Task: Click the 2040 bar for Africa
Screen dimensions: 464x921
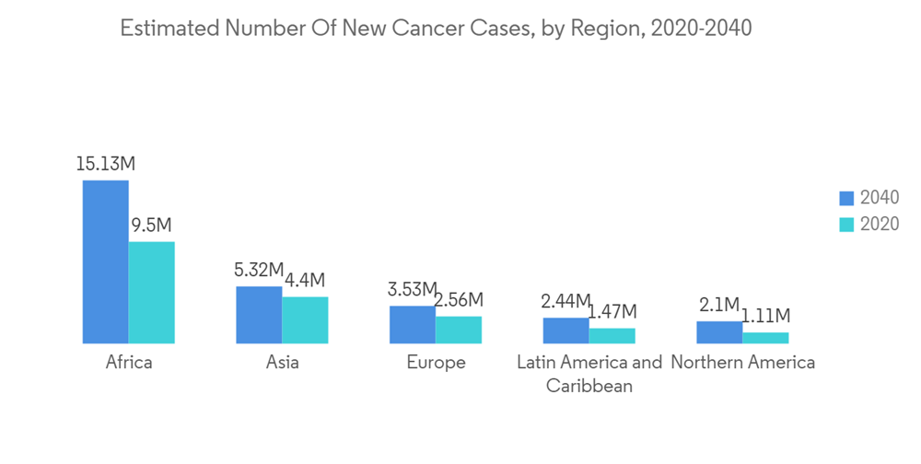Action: click(106, 261)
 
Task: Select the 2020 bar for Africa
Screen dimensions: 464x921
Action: click(152, 293)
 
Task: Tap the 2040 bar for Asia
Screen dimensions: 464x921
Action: click(259, 315)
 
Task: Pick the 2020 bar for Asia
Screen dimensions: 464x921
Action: click(305, 320)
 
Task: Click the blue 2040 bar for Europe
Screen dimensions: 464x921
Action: click(413, 325)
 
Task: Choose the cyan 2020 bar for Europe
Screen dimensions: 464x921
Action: click(459, 330)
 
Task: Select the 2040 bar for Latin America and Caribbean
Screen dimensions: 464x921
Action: click(565, 331)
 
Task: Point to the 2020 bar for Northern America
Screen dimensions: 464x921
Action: click(765, 338)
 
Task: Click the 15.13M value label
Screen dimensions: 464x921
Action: click(106, 164)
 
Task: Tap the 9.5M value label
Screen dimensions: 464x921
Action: click(152, 226)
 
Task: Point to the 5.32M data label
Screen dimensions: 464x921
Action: click(259, 270)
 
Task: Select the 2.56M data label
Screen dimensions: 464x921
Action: click(460, 300)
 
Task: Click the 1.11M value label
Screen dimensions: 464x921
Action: click(766, 316)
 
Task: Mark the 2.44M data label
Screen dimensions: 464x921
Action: click(565, 301)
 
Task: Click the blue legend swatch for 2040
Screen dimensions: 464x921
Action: click(846, 198)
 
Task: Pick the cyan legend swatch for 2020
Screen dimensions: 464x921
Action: click(846, 224)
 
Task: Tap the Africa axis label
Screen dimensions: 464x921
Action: click(129, 362)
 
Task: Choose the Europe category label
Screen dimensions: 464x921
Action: click(436, 362)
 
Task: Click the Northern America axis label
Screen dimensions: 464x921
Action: click(742, 362)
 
